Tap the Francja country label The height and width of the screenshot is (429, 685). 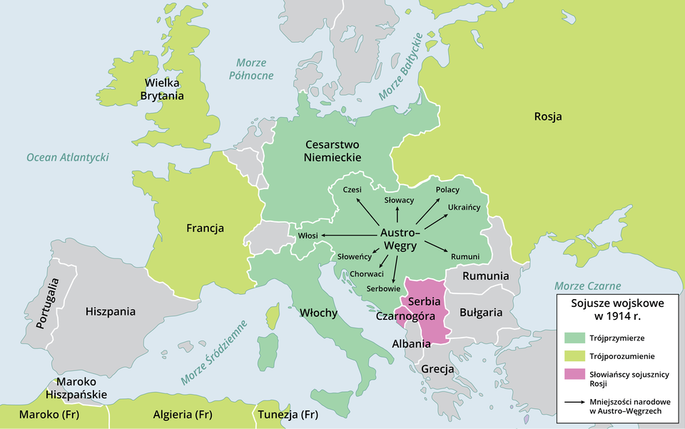[205, 228]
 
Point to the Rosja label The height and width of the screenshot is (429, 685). [547, 116]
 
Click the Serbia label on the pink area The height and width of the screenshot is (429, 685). [424, 303]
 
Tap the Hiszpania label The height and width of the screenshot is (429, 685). [110, 312]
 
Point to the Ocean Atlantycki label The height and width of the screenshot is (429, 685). [67, 157]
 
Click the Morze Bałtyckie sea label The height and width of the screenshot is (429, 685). [401, 66]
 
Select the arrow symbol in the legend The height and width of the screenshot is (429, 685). [574, 402]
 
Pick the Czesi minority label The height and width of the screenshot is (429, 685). [352, 189]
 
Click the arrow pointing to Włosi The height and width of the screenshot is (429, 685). [348, 235]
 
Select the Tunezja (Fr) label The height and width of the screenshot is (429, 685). [288, 415]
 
